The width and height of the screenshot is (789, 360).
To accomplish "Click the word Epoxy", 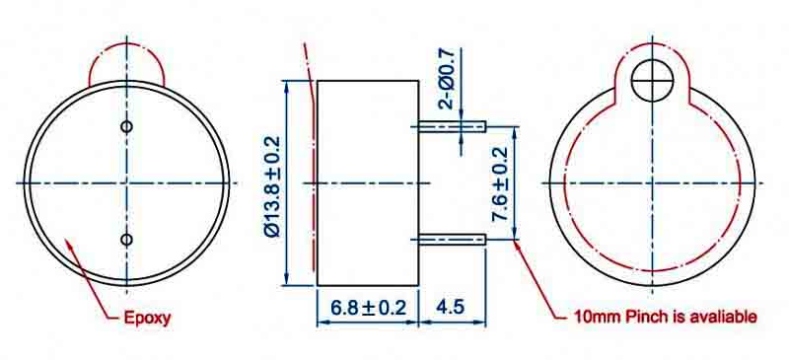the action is (x=147, y=319).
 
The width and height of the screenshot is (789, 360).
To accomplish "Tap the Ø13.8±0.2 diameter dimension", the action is (x=272, y=185).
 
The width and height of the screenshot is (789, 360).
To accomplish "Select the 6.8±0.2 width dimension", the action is (x=368, y=307).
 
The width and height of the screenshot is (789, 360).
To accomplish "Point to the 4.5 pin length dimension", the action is (x=452, y=307).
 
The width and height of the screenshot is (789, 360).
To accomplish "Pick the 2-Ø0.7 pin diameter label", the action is (x=447, y=78).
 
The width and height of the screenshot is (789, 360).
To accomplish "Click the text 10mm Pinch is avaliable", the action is (x=665, y=317).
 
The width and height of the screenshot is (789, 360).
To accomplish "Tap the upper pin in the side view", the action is (x=452, y=126).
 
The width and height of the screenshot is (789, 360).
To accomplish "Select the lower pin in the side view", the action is (x=452, y=240).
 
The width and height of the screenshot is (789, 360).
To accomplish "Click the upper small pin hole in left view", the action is (x=127, y=126).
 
